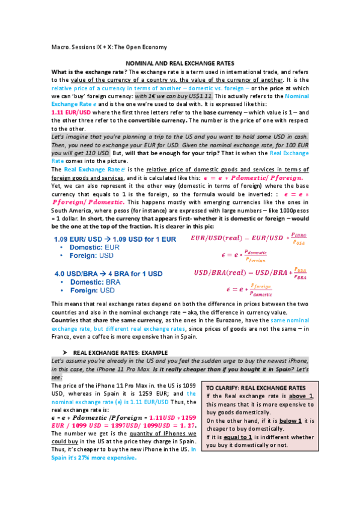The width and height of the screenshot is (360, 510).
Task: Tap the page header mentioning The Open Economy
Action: tap(109, 47)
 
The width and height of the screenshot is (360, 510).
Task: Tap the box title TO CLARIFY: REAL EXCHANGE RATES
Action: tap(255, 389)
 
